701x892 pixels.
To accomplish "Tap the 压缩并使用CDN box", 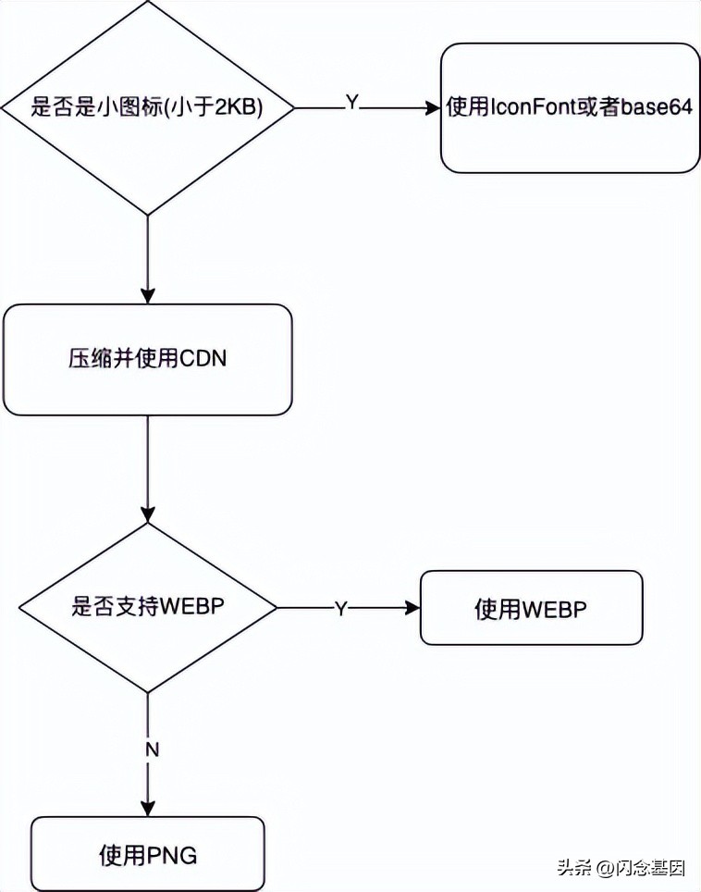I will point(148,360).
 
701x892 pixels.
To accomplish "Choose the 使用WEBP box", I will point(531,608).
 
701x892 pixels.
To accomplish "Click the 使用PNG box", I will point(148,855).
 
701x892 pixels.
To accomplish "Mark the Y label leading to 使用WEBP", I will point(340,609).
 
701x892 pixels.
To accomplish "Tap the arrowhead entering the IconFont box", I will point(433,108).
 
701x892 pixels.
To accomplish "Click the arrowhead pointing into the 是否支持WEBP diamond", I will point(148,514).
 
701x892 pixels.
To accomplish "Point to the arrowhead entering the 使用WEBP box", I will point(412,608).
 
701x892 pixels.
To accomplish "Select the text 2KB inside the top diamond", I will point(238,108).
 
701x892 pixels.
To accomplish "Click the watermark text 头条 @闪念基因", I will point(621,869).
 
